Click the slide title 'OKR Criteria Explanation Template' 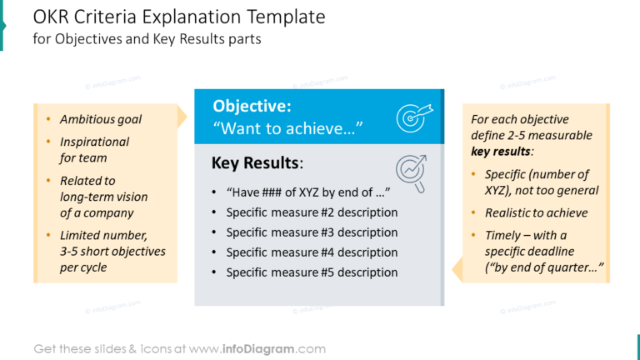pos(179,17)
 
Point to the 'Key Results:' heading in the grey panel pos(257,162)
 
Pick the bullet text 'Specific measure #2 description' pos(312,212)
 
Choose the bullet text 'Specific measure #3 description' pos(312,232)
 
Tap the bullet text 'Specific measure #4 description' pos(312,252)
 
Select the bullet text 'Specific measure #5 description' pos(312,272)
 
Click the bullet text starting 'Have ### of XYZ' pos(308,192)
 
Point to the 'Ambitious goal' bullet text pos(100,119)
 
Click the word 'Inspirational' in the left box pos(94,142)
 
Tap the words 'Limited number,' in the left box pos(103,235)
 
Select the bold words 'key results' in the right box pos(501,152)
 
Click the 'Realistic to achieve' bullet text pos(536,212)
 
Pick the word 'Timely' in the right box pos(503,235)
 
